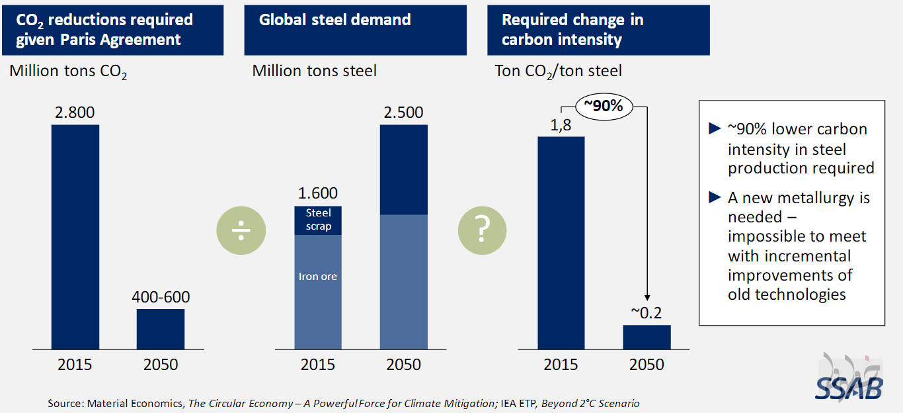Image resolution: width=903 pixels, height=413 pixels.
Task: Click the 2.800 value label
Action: click(75, 113)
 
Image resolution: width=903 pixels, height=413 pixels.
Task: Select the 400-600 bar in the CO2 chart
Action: click(161, 329)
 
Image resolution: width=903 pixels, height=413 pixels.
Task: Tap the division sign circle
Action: click(241, 230)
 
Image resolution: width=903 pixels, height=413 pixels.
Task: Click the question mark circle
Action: click(482, 230)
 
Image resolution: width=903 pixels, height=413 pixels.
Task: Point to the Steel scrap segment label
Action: click(319, 219)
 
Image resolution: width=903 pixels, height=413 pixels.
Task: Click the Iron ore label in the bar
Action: click(318, 277)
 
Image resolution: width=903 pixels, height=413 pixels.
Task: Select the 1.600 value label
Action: click(318, 193)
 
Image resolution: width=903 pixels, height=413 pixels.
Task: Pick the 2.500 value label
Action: click(403, 113)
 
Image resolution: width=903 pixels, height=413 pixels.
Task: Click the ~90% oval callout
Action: click(604, 107)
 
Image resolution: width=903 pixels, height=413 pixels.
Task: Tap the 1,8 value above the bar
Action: click(561, 125)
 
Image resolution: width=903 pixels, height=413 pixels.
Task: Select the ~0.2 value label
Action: click(647, 313)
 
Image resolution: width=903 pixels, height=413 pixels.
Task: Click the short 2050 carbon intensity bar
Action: click(647, 337)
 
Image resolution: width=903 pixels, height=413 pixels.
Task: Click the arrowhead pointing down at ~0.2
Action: click(647, 298)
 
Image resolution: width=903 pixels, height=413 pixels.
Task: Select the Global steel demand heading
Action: click(334, 20)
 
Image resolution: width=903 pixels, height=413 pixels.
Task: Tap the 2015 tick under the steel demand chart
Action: click(318, 365)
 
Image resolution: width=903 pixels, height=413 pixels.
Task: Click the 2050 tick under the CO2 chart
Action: click(161, 365)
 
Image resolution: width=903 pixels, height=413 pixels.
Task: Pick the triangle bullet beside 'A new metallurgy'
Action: click(715, 197)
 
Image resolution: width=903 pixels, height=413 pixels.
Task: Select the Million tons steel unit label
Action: click(315, 71)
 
